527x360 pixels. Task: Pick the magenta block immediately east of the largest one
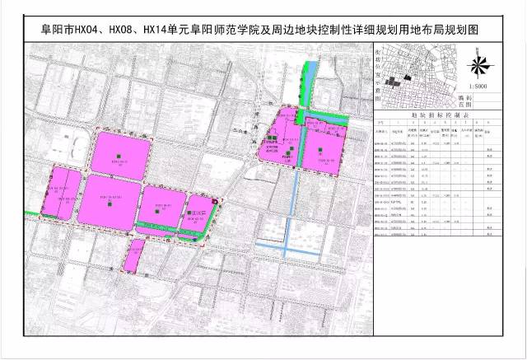[161, 206]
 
